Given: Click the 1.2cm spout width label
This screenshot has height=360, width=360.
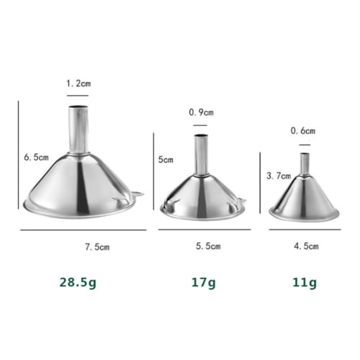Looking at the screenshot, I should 78,84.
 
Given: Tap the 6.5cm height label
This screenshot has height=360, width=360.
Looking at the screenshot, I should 35,156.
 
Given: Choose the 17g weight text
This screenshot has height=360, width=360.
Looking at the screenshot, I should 203,283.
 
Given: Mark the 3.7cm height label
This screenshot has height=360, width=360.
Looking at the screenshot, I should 278,175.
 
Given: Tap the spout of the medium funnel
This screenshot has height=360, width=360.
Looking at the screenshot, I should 202,154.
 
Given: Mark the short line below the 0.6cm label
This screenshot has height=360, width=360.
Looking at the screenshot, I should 303,143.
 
